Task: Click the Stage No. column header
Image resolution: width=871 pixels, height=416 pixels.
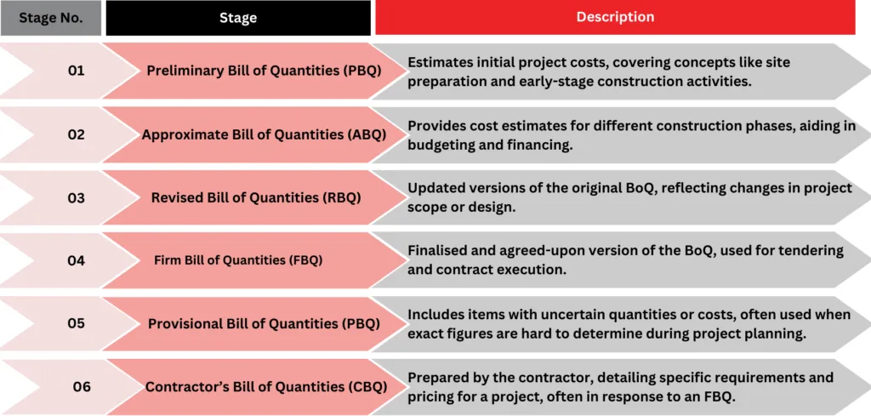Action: point(50,18)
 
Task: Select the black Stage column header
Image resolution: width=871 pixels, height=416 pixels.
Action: point(238,18)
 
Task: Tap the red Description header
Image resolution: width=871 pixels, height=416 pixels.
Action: point(615,17)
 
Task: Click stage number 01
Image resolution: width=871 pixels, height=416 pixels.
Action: point(76,71)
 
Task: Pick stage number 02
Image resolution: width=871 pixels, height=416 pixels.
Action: point(76,134)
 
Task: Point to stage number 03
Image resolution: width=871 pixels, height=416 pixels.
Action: point(76,197)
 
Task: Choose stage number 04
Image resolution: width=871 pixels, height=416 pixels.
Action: point(76,260)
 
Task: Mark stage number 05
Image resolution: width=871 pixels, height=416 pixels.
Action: point(76,323)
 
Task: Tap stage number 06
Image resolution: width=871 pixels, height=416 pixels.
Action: point(82,386)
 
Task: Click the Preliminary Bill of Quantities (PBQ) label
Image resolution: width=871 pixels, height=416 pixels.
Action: point(264,71)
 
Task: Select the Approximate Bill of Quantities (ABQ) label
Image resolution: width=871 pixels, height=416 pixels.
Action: point(264,134)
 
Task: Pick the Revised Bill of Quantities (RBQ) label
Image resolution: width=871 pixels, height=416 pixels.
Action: point(256,197)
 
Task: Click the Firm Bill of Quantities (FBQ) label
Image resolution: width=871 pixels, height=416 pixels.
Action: point(238,260)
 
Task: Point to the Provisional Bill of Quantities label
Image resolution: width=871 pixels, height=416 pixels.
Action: point(264,323)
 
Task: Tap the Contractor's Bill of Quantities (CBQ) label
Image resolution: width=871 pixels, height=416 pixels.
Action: point(266,386)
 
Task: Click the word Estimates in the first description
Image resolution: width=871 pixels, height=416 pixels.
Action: point(435,62)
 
